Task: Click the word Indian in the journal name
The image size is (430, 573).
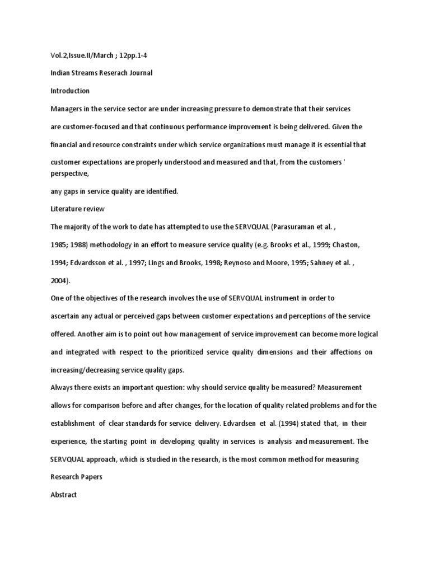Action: (60, 73)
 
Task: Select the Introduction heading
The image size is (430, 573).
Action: (70, 91)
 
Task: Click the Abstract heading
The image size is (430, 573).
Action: (63, 495)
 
